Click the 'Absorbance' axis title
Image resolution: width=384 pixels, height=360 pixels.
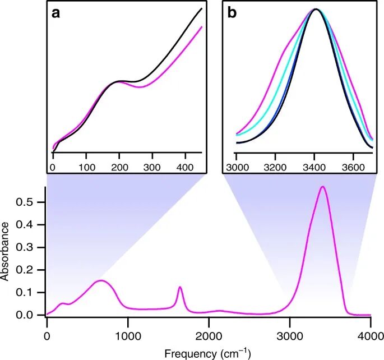[7, 251]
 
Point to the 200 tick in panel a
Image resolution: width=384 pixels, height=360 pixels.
[119, 167]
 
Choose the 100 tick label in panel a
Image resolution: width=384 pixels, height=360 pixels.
[86, 167]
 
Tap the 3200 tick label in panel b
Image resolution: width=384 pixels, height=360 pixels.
[275, 167]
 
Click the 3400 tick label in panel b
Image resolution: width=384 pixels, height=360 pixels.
[314, 167]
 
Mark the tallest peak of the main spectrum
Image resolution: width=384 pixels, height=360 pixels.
[322, 187]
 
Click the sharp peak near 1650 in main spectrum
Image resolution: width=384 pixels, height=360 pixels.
[180, 287]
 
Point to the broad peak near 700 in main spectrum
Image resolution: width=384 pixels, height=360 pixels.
[101, 280]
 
